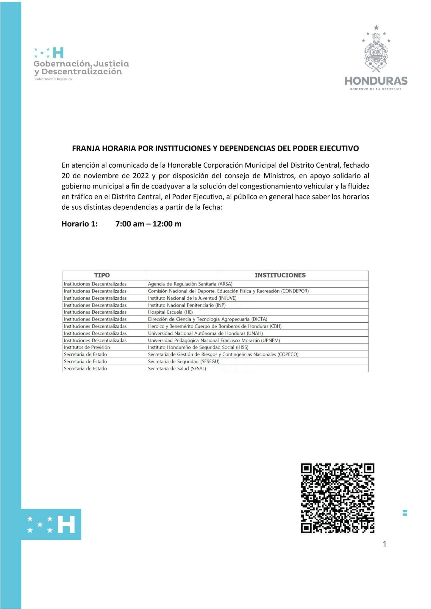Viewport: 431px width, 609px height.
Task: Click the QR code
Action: [338, 498]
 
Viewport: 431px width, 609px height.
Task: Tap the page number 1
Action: [385, 544]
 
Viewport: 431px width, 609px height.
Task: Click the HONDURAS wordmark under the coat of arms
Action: [376, 81]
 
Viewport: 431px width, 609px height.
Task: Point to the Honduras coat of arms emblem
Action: [376, 51]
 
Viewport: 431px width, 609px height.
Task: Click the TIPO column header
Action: [102, 275]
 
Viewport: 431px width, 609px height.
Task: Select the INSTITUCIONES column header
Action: [280, 275]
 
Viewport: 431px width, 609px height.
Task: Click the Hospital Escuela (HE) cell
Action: [170, 312]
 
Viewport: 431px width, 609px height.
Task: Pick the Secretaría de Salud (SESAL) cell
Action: [177, 369]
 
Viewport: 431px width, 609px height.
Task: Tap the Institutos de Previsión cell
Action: [87, 347]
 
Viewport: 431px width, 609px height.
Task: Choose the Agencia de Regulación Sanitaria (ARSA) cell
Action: [190, 284]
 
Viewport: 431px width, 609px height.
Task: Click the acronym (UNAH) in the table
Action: [255, 333]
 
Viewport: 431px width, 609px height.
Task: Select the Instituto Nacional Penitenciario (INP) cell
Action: [187, 305]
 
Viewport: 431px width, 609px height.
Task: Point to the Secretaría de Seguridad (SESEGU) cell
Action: [184, 362]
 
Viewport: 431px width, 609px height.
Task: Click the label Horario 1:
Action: [79, 224]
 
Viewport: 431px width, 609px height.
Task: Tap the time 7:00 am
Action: [130, 224]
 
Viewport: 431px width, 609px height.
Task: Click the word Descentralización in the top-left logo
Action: [82, 72]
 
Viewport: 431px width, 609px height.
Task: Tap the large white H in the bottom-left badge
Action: [66, 524]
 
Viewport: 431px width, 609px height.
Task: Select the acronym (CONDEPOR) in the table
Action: [295, 291]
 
